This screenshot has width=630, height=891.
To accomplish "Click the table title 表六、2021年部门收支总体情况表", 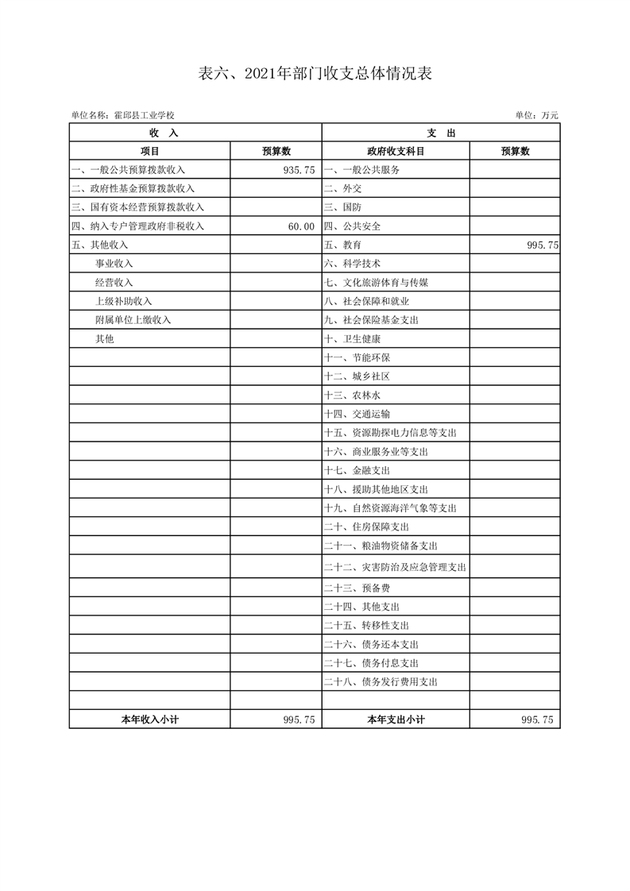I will pyautogui.click(x=315, y=74).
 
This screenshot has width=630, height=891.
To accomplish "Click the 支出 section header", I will pyautogui.click(x=440, y=133).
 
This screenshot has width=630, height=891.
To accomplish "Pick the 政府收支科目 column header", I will pyautogui.click(x=396, y=151).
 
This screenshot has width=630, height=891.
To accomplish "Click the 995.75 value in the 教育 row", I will pyautogui.click(x=543, y=245).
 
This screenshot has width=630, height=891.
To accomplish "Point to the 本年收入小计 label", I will pyautogui.click(x=149, y=719).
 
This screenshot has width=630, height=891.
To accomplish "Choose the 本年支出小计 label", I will pyautogui.click(x=396, y=719).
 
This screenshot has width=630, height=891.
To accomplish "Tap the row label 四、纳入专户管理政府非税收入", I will pyautogui.click(x=137, y=226).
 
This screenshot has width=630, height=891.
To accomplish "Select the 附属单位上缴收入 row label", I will pyautogui.click(x=133, y=320).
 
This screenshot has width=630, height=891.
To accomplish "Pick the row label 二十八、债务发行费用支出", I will pyautogui.click(x=381, y=681).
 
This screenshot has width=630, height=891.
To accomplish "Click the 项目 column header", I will pyautogui.click(x=149, y=151).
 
